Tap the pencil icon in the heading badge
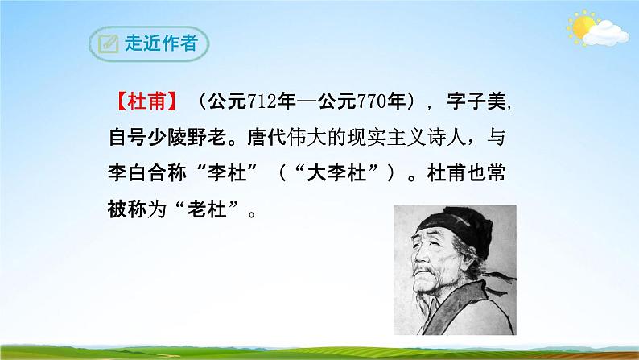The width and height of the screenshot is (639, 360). (x=105, y=43)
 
